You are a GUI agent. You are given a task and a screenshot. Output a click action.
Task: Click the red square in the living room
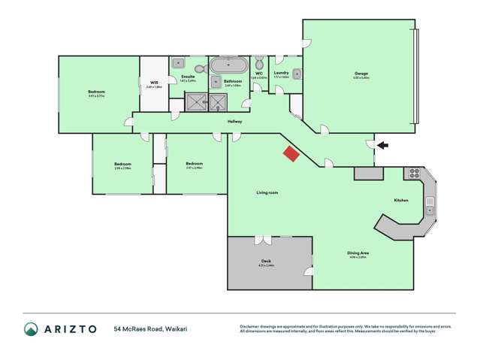290,153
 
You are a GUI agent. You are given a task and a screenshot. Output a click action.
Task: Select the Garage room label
361,74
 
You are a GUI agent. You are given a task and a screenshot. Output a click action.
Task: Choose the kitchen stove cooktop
413,174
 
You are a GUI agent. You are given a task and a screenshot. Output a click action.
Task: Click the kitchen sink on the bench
430,202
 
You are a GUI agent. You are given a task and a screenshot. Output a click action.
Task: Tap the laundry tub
297,74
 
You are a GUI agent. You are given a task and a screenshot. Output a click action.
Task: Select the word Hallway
235,121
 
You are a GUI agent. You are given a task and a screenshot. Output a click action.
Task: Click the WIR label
153,83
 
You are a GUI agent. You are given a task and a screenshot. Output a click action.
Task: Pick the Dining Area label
358,253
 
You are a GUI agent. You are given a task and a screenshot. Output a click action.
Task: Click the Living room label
267,193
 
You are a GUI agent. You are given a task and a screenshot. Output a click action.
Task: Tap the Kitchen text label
401,200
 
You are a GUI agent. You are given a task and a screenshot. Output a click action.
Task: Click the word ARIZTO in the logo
70,329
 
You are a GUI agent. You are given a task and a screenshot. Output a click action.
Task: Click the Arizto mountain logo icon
31,329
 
